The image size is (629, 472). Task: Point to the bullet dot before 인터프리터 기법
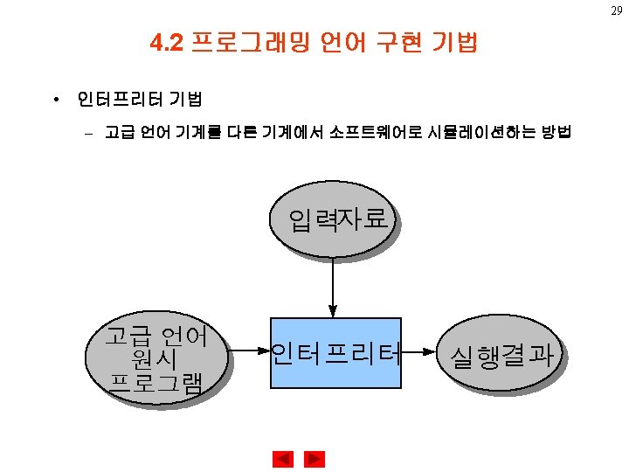point(55,100)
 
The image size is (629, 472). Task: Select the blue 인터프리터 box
point(335,353)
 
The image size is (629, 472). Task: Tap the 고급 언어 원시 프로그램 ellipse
point(155,357)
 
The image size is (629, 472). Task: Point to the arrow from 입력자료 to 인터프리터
point(332,285)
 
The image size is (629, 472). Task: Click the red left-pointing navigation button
point(283,458)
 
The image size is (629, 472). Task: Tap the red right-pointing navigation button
point(314,458)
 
